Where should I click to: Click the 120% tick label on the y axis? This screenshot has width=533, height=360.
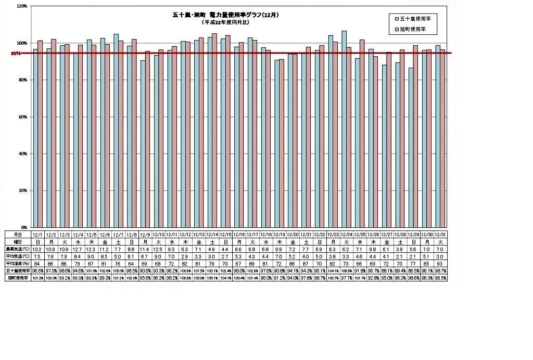point(21,6)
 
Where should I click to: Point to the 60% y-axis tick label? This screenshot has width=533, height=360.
point(22,117)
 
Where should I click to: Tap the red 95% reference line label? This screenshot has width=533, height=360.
point(16,53)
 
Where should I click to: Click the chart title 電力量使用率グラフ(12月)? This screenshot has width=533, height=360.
point(225,15)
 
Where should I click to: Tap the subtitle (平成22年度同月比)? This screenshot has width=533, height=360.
point(225,23)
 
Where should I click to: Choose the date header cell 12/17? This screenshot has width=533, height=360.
point(252,235)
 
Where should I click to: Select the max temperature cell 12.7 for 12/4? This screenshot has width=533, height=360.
point(78,249)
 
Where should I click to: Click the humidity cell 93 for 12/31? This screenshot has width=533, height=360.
point(440,264)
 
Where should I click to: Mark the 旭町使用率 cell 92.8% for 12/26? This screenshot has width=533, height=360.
point(373,278)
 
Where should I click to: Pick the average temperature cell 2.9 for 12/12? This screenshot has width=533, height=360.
point(185,256)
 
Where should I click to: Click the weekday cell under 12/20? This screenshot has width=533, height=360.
point(293,242)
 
